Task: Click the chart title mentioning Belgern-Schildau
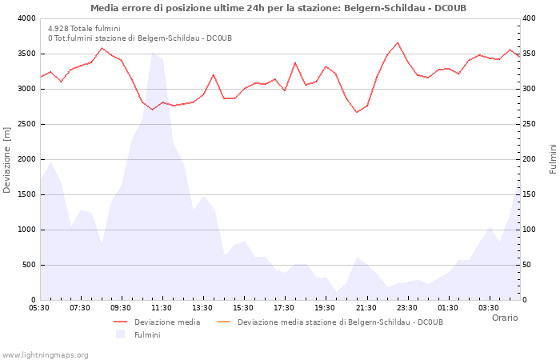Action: (278, 8)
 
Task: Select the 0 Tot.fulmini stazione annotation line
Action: (140, 38)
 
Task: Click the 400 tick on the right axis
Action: (530, 18)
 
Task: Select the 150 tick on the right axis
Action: (530, 194)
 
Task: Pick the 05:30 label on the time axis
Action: (39, 308)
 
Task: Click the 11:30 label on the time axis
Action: (162, 308)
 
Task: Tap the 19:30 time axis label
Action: (325, 308)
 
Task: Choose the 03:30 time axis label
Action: (488, 308)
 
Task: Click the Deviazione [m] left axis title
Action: (7, 159)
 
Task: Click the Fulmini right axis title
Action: (553, 159)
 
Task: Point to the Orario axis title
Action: (504, 318)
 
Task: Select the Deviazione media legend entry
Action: (166, 322)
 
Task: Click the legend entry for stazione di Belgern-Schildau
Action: (339, 322)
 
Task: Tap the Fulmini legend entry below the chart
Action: (146, 335)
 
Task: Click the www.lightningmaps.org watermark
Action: (46, 354)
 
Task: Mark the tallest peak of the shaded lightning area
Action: (152, 53)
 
